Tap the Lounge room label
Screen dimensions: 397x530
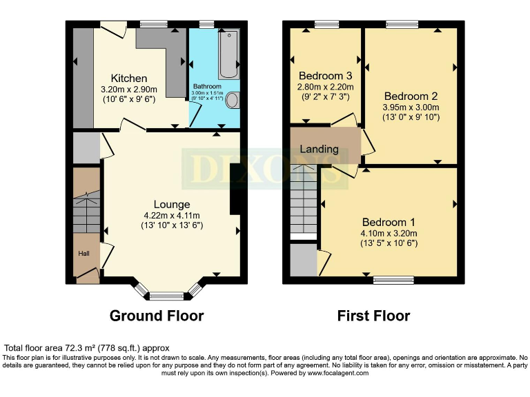pyautogui.click(x=172, y=204)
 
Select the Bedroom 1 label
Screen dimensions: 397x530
pyautogui.click(x=389, y=222)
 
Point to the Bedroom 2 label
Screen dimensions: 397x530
pyautogui.click(x=411, y=96)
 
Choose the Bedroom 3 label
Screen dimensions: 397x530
pyautogui.click(x=325, y=76)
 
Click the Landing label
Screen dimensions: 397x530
pyautogui.click(x=319, y=149)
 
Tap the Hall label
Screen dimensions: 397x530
pyautogui.click(x=84, y=254)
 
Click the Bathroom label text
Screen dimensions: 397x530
pyautogui.click(x=206, y=87)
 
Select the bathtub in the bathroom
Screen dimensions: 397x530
pyautogui.click(x=228, y=54)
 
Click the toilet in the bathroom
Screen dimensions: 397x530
pyautogui.click(x=233, y=101)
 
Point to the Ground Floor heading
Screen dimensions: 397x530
pyautogui.click(x=157, y=316)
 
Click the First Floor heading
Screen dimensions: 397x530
pyautogui.click(x=373, y=316)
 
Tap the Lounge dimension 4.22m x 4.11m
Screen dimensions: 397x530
pyautogui.click(x=172, y=214)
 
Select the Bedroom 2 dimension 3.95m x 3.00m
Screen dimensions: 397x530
pyautogui.click(x=411, y=107)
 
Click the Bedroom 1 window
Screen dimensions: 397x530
pyautogui.click(x=393, y=281)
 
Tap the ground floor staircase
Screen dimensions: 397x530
pyautogui.click(x=87, y=211)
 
